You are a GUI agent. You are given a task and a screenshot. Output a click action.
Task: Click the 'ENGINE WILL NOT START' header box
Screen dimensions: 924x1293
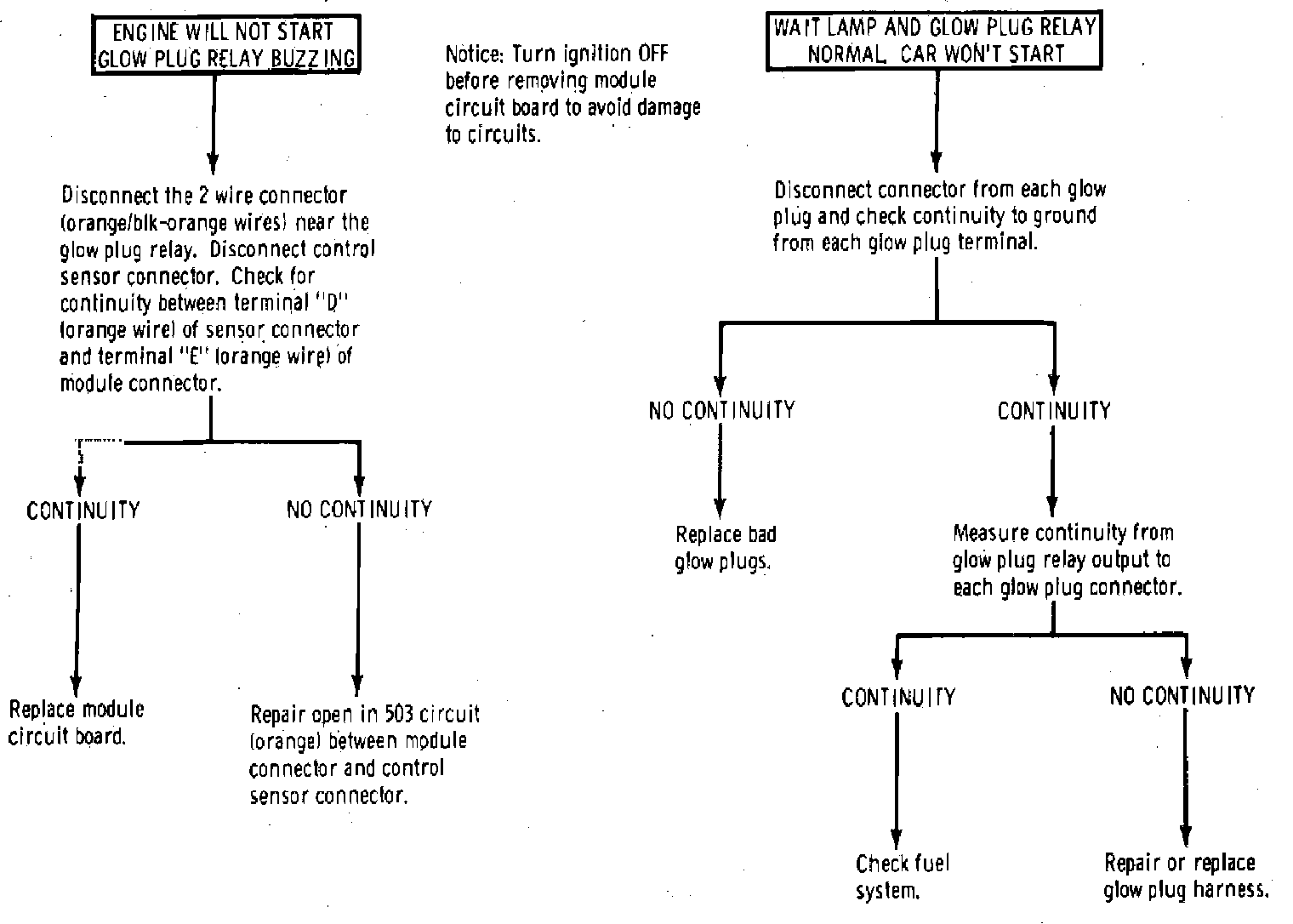[x=225, y=45]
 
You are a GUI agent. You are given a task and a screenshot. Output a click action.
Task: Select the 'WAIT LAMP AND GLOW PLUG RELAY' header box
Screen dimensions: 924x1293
[x=935, y=40]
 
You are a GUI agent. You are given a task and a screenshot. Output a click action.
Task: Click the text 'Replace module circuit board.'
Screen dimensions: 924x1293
[x=76, y=722]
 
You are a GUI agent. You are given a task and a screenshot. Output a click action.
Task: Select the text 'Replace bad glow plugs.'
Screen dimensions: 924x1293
[x=725, y=548]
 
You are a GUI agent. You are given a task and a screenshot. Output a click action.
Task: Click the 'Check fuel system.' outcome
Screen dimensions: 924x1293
[x=902, y=876]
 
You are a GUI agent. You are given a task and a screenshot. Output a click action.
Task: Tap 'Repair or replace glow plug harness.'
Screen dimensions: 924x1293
[x=1185, y=876]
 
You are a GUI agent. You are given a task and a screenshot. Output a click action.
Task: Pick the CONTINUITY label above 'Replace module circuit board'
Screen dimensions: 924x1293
[x=83, y=510]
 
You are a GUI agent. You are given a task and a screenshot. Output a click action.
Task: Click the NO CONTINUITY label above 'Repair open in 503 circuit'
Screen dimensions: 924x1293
[x=359, y=510]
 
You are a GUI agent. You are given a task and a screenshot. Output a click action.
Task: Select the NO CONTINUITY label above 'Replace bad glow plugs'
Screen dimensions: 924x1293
[x=721, y=411]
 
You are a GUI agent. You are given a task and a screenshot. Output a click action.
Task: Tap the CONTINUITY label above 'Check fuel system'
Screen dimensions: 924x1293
[x=898, y=698]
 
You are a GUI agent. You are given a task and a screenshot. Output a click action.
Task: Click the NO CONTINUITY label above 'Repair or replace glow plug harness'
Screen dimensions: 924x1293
[x=1182, y=696]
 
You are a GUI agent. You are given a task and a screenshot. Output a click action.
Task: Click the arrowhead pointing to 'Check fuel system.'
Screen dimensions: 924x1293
[x=896, y=838]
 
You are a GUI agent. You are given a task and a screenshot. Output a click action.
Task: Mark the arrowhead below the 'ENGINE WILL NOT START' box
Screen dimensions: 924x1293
[x=213, y=163]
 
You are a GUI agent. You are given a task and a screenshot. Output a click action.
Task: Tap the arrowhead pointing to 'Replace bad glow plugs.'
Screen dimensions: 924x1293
[x=721, y=506]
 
